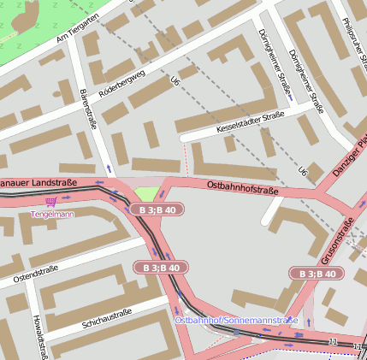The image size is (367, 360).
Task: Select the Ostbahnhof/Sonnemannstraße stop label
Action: (236, 320)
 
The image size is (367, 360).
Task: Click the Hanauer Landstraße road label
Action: (38, 183)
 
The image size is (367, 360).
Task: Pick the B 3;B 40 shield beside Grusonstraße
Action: (316, 274)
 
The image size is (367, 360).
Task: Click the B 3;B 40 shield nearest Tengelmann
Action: (157, 210)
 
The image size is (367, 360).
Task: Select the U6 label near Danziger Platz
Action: (302, 171)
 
